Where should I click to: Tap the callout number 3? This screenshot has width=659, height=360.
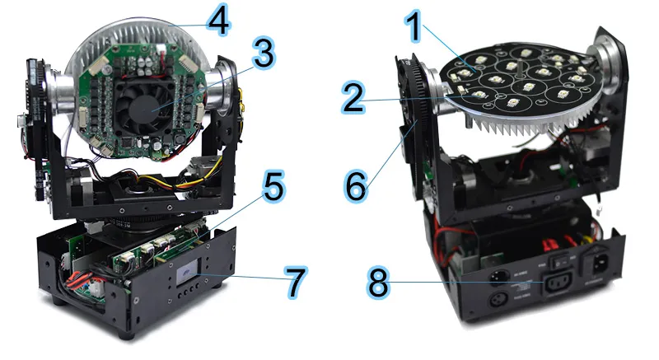(262, 54)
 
